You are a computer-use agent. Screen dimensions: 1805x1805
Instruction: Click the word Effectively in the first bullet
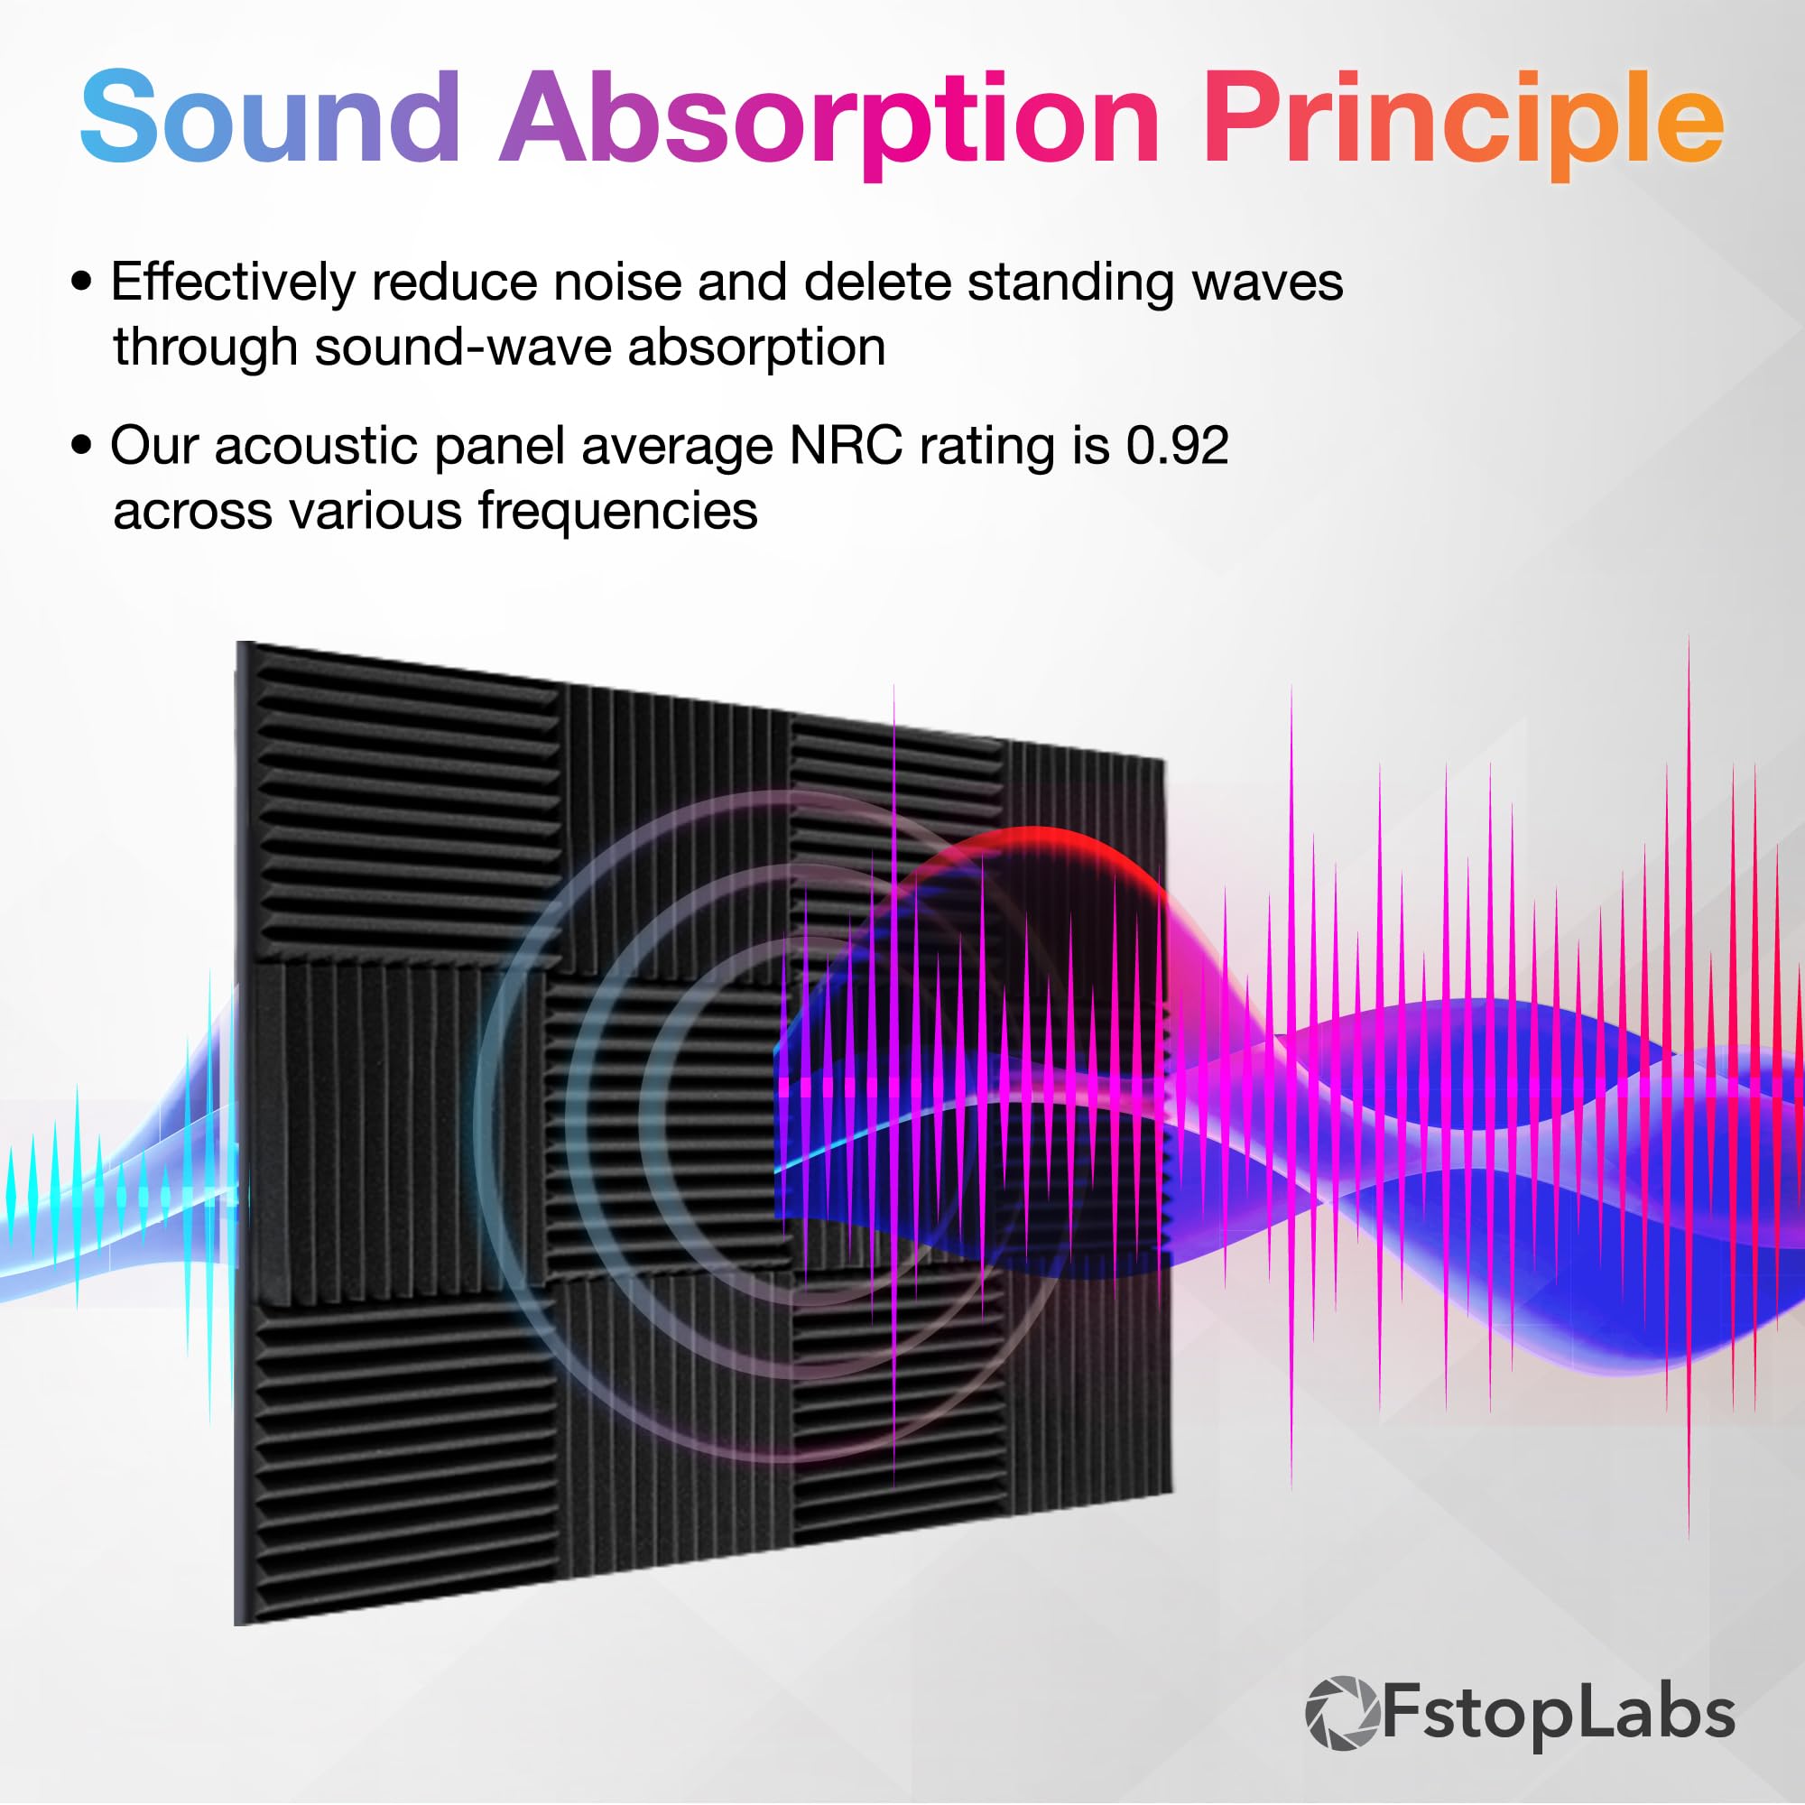[233, 282]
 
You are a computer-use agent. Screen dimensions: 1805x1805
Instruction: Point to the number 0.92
[1177, 446]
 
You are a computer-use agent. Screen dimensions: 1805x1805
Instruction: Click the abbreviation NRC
[846, 446]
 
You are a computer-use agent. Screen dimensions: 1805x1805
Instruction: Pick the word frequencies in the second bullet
[616, 512]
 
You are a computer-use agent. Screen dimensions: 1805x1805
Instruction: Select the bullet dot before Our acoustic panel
[82, 446]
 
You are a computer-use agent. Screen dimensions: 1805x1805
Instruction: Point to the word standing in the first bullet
[1070, 284]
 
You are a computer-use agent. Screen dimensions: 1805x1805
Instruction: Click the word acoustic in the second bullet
[316, 446]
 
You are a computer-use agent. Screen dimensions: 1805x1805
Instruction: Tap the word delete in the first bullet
[877, 282]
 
